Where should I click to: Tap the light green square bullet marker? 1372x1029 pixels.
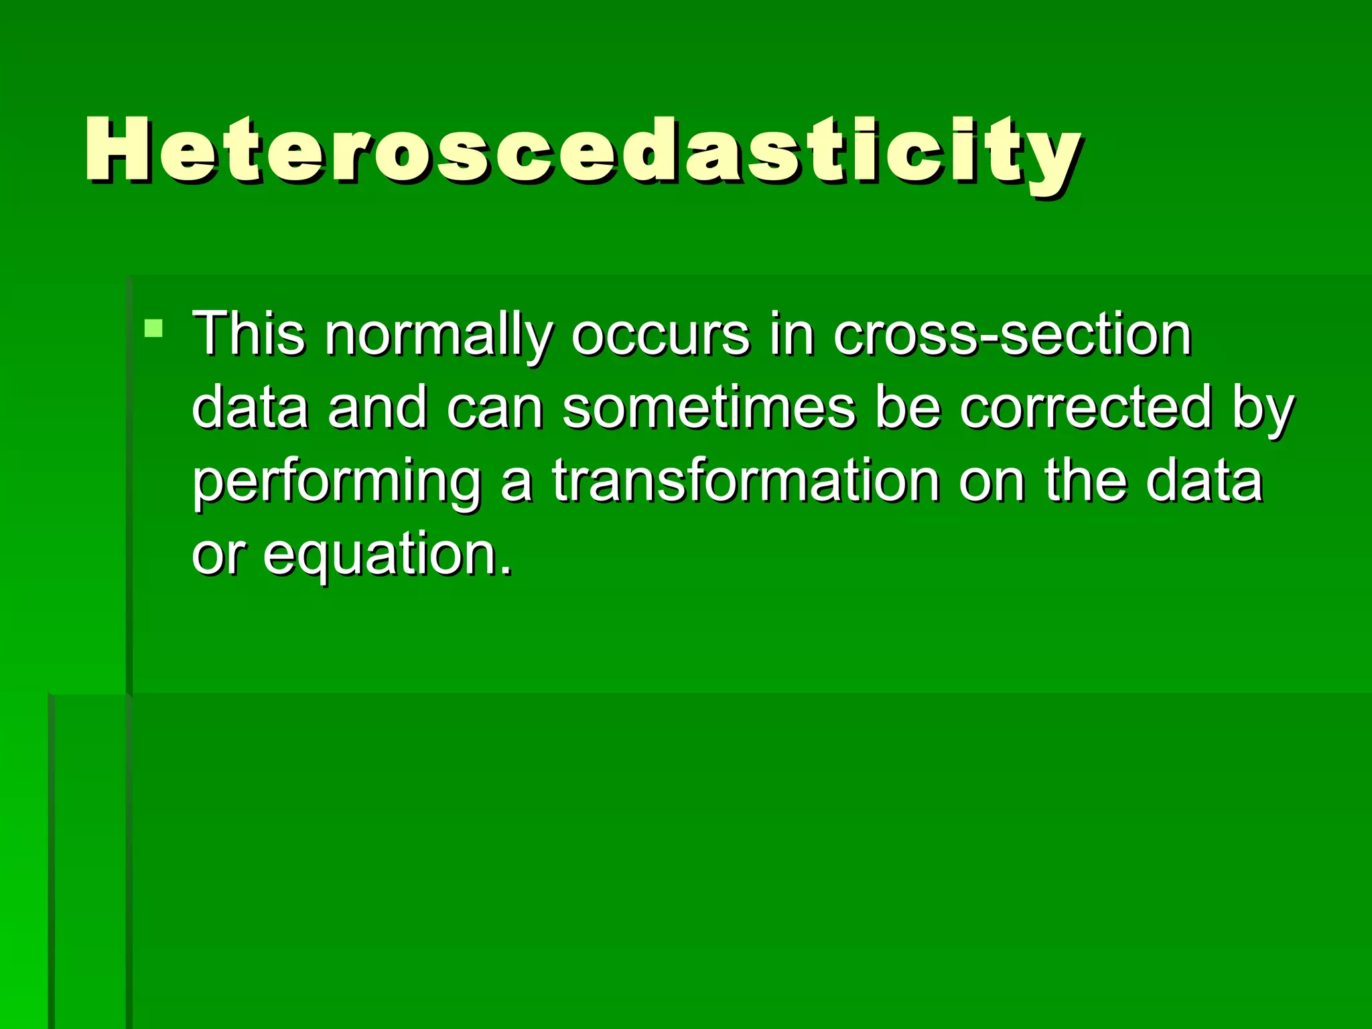[x=153, y=328]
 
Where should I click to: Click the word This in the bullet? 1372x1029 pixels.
[x=248, y=334]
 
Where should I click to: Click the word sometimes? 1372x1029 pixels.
[x=709, y=408]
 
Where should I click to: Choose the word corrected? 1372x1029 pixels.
[x=1085, y=408]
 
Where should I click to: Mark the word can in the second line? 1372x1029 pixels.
[x=495, y=409]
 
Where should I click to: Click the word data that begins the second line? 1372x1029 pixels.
[x=250, y=408]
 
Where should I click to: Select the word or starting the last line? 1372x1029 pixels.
[x=215, y=556]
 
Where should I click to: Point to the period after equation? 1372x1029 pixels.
[x=506, y=571]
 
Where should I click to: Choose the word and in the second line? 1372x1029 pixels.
[x=377, y=408]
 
